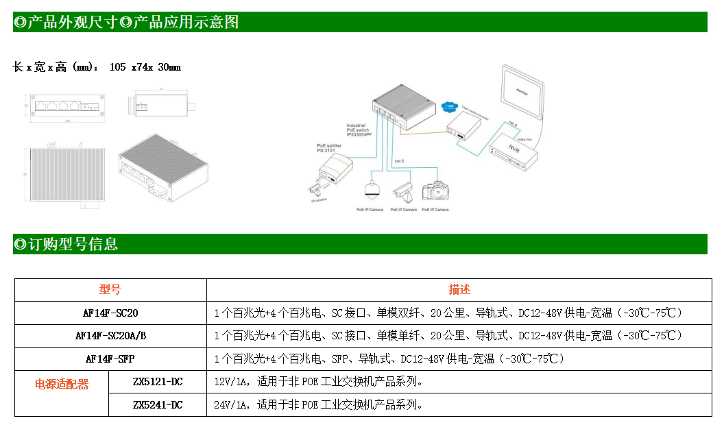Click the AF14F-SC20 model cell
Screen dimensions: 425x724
pyautogui.click(x=110, y=313)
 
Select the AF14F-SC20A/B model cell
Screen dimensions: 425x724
pyautogui.click(x=110, y=336)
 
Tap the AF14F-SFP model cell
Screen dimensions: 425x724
pyautogui.click(x=110, y=359)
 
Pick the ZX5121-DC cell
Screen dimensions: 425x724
pyautogui.click(x=158, y=381)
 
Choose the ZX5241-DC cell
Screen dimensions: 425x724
pyautogui.click(x=158, y=404)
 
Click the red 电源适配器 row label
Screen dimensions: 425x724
pyautogui.click(x=62, y=385)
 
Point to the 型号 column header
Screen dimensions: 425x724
pyautogui.click(x=110, y=290)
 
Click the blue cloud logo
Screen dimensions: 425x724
pyautogui.click(x=449, y=106)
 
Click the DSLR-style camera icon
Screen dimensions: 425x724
pyautogui.click(x=435, y=190)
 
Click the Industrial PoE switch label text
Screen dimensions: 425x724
pyautogui.click(x=359, y=130)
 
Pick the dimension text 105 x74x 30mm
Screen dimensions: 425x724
pyautogui.click(x=145, y=67)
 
